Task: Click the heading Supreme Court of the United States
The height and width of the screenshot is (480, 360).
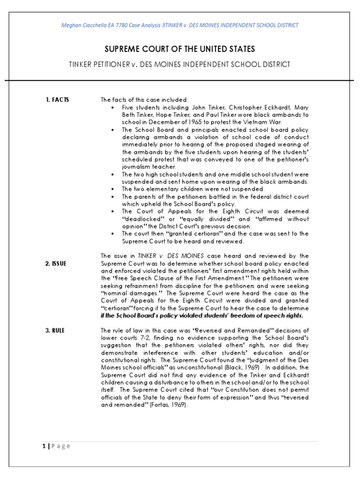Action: (180, 49)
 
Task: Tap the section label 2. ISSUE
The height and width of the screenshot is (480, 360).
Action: (56, 263)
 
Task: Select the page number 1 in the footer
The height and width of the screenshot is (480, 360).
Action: (43, 446)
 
